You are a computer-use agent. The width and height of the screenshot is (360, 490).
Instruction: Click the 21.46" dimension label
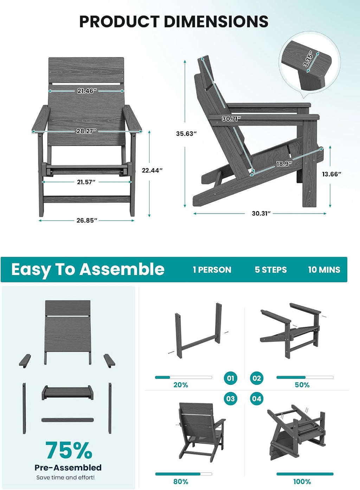pos(87,91)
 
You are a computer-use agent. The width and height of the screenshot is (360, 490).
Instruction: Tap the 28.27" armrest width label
pos(86,131)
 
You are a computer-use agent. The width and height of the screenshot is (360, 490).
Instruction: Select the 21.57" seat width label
pos(86,182)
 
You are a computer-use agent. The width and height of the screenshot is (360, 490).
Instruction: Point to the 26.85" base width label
pos(87,220)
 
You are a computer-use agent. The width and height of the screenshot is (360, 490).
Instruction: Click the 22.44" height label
pos(152,170)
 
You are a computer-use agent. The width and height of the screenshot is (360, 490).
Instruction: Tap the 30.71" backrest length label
pos(231,119)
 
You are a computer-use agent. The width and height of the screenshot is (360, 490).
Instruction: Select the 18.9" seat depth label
pos(284,164)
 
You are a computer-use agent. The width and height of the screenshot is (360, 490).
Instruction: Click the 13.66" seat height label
pos(332,174)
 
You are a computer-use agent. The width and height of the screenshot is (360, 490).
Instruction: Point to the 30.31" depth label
pos(261,213)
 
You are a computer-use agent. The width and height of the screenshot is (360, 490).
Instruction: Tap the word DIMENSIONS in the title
pos(216,21)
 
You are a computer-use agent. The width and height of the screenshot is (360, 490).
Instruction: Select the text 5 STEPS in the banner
pos(271,270)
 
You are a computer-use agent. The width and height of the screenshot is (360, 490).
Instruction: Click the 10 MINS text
pos(324,270)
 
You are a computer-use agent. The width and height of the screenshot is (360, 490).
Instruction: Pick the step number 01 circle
pos(230,378)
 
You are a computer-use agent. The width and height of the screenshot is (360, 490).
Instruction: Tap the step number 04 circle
pos(256,399)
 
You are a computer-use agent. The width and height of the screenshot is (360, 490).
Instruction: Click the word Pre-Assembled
pos(68,468)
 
